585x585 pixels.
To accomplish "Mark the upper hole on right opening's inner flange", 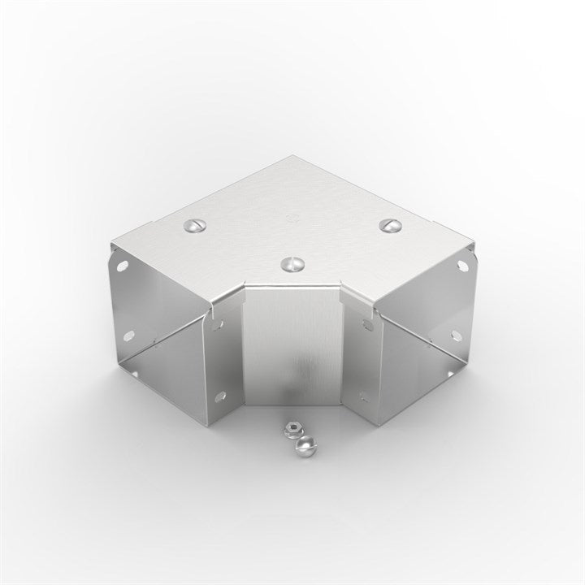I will [x=366, y=325].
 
